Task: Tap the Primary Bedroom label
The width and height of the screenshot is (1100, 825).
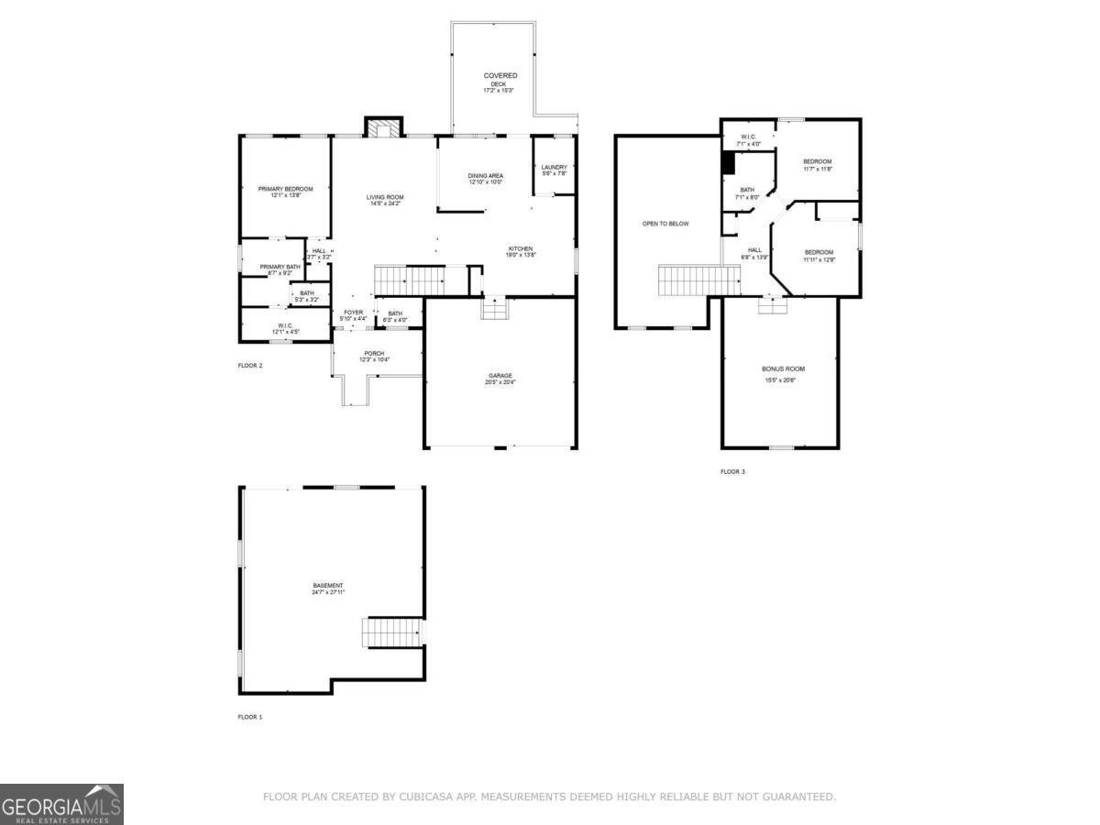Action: pos(285,192)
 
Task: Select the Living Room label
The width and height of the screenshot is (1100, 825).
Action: pos(385,200)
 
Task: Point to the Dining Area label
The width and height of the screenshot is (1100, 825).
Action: pos(486,178)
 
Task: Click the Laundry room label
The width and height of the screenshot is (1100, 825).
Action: pos(555,170)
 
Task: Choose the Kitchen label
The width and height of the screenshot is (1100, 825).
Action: pos(521,251)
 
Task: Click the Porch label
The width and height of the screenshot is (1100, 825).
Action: pos(374,357)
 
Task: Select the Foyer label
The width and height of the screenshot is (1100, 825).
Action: pos(354,315)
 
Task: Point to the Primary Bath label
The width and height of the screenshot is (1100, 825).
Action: pos(280,269)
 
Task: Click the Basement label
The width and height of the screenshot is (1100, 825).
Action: pos(327,588)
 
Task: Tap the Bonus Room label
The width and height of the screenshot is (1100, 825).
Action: pos(783,371)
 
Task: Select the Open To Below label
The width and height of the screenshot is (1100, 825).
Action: pos(665,224)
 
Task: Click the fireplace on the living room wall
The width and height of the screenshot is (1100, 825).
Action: pos(384,128)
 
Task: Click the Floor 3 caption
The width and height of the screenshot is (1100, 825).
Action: pos(732,471)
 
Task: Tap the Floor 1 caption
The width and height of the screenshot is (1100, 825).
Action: pos(250,716)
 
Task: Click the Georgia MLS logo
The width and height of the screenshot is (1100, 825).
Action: pos(61,804)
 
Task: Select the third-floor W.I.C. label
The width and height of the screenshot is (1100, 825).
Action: pos(748,140)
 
